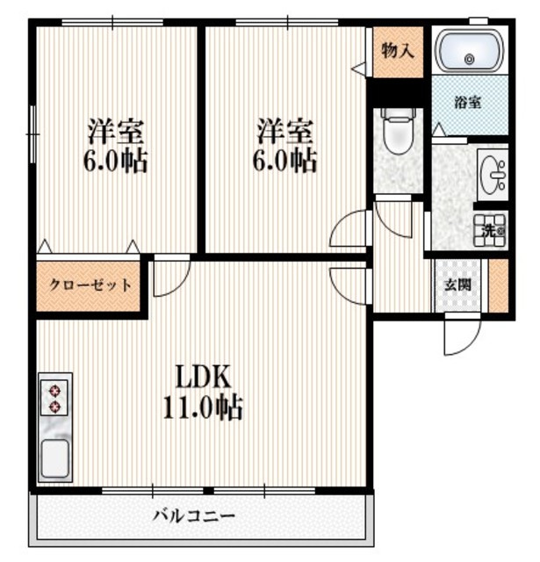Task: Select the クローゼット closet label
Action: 90,285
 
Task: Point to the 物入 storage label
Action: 398,50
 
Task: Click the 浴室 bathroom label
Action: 467,103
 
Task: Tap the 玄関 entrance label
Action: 456,285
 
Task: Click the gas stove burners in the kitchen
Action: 55,397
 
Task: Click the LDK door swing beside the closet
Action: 169,277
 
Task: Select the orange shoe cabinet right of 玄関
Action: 499,284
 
